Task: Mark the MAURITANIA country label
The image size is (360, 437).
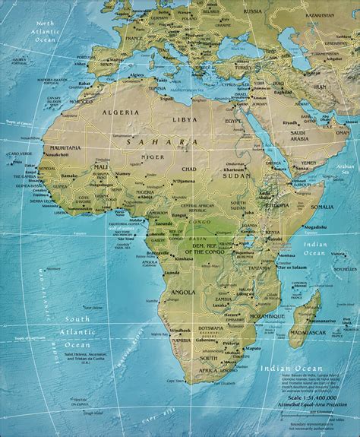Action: pos(68,147)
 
